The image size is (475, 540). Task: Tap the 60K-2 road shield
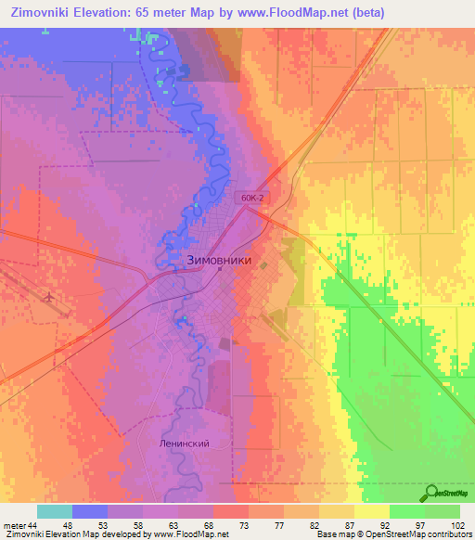250,198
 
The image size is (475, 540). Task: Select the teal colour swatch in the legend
54,511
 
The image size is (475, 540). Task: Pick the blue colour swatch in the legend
90,511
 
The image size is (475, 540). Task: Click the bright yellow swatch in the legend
372,511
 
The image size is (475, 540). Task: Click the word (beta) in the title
365,12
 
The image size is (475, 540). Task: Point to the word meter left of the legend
14,525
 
